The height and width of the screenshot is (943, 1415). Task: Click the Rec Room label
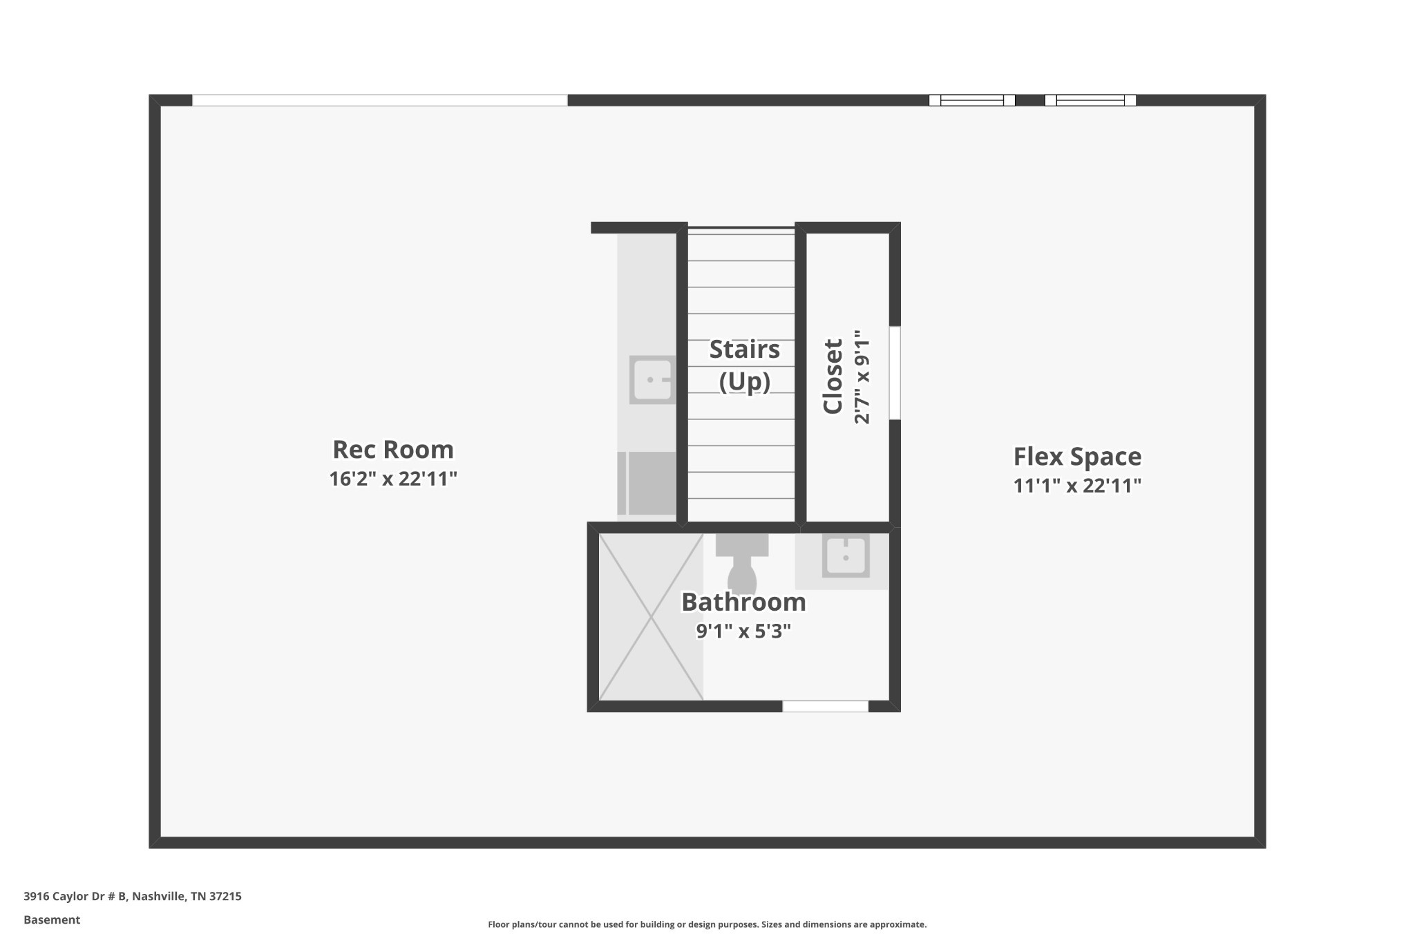[x=393, y=450]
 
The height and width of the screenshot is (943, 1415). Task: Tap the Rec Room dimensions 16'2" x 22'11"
[x=393, y=479]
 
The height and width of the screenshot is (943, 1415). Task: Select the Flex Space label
[x=1077, y=457]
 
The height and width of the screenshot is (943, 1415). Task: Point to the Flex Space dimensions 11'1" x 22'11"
[x=1077, y=486]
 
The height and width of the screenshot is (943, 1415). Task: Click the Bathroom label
[x=743, y=602]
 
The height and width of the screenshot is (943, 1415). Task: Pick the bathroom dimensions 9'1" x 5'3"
[x=743, y=631]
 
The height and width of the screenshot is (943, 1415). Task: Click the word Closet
[x=833, y=377]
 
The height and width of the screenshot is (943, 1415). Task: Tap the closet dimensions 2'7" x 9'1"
[x=862, y=377]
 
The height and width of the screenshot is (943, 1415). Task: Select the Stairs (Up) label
[x=744, y=365]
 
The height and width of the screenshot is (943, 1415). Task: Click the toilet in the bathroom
[x=742, y=562]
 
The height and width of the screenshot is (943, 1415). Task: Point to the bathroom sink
[x=846, y=555]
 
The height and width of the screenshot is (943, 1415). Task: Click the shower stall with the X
[x=651, y=617]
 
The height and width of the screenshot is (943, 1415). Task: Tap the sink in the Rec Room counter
[x=652, y=379]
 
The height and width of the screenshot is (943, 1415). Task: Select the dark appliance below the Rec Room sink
[x=647, y=484]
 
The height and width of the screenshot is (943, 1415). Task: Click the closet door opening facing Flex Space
[x=895, y=373]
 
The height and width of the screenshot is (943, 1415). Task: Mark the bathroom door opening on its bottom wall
[x=825, y=706]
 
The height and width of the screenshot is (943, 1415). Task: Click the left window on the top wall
[x=971, y=100]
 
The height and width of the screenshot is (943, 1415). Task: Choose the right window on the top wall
[x=1090, y=100]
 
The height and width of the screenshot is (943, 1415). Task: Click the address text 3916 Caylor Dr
[x=67, y=897]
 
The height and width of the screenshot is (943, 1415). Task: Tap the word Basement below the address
[x=52, y=920]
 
